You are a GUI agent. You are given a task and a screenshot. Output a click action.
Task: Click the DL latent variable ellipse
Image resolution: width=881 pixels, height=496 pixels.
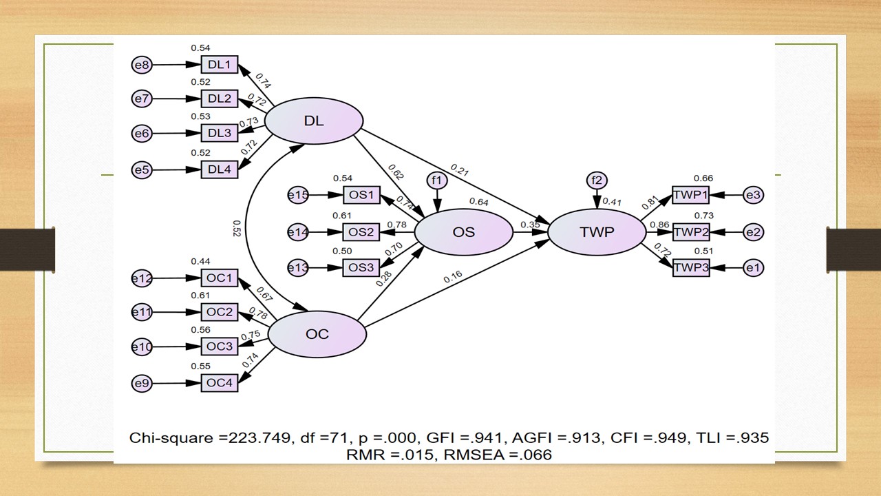(x=314, y=121)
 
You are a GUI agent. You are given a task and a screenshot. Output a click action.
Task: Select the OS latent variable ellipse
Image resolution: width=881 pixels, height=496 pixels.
(x=463, y=232)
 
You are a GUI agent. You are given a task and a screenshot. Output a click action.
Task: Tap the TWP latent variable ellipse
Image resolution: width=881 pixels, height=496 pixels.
(x=597, y=232)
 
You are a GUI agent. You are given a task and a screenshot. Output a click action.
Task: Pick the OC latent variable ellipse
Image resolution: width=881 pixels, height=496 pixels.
(x=317, y=335)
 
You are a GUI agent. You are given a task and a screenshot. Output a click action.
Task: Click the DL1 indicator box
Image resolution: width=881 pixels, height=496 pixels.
(x=219, y=65)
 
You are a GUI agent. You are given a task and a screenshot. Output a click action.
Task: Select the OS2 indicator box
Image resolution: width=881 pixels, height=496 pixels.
(x=361, y=232)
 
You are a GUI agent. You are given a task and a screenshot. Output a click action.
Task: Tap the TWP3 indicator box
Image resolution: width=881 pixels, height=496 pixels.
(x=690, y=267)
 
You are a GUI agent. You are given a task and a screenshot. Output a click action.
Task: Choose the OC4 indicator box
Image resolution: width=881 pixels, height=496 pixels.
(x=219, y=383)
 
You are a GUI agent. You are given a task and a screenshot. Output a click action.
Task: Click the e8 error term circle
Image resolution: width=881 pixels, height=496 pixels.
(x=141, y=65)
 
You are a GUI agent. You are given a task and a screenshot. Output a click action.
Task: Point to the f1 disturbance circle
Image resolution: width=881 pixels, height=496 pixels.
(x=437, y=180)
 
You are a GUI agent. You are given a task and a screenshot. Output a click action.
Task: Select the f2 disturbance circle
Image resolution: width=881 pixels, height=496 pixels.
(x=597, y=180)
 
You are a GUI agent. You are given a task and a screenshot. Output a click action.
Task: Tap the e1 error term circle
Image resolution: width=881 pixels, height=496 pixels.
(x=754, y=267)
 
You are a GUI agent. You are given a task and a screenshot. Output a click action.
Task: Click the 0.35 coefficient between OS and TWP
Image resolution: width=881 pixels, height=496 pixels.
(x=530, y=225)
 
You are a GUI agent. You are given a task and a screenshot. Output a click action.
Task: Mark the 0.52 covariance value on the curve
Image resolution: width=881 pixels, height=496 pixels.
(x=237, y=228)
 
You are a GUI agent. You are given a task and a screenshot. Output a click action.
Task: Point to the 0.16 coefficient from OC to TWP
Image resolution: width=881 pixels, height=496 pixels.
(x=452, y=278)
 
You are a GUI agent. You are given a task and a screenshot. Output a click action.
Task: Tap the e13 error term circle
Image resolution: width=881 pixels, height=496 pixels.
(x=297, y=267)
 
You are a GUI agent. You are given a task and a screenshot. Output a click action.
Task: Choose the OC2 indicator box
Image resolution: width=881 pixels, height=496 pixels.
(x=219, y=312)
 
